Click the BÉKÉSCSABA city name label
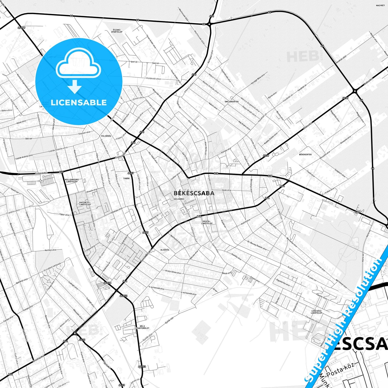(x=194, y=193)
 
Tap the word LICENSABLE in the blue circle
(x=79, y=103)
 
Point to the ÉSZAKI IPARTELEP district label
(x=117, y=31)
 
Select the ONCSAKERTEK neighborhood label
(x=231, y=102)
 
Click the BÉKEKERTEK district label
(x=305, y=155)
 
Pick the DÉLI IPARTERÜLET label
(x=142, y=327)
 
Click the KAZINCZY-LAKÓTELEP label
(x=85, y=204)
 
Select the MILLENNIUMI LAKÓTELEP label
(x=72, y=180)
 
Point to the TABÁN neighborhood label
(x=126, y=178)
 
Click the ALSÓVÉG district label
(x=165, y=250)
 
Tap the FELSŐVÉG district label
(x=106, y=136)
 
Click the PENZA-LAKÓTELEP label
(x=207, y=222)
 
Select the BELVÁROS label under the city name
(x=179, y=199)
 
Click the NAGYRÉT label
(x=380, y=5)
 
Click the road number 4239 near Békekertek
(x=345, y=98)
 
